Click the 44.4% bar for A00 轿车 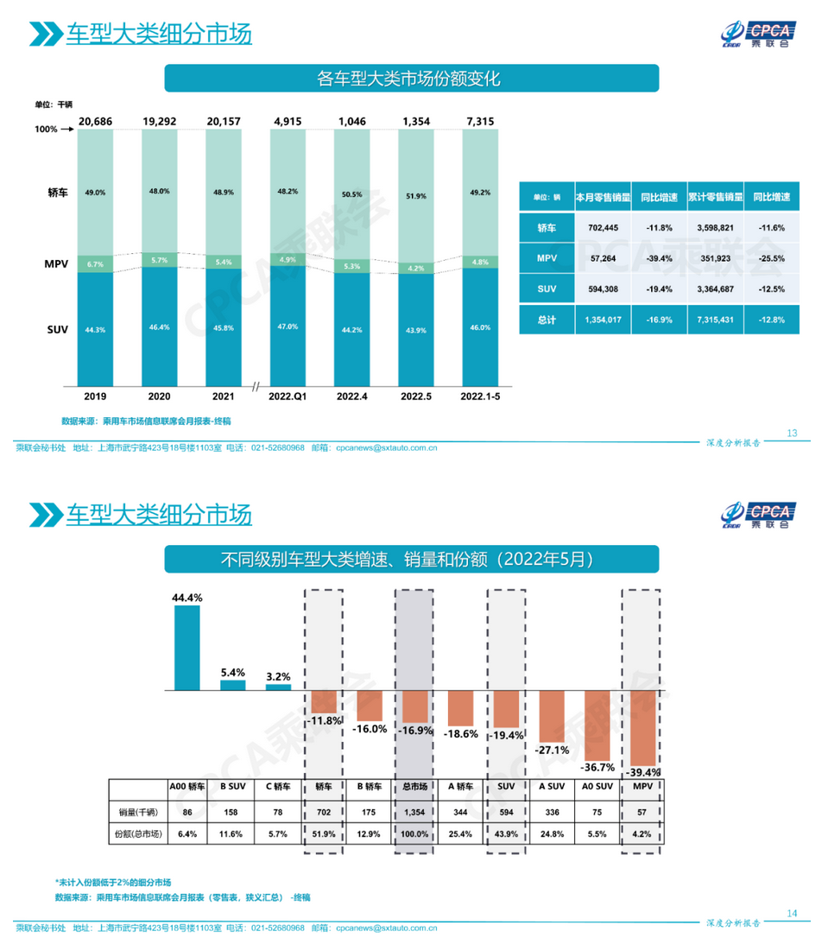pyautogui.click(x=187, y=648)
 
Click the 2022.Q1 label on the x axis pyautogui.click(x=287, y=396)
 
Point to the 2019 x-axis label pyautogui.click(x=95, y=396)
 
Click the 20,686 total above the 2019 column pyautogui.click(x=95, y=122)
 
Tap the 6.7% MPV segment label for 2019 pyautogui.click(x=95, y=263)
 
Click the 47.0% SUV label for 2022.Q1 pyautogui.click(x=287, y=326)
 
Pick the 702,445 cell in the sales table pyautogui.click(x=604, y=227)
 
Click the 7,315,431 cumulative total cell pyautogui.click(x=714, y=320)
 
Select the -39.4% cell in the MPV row pyautogui.click(x=659, y=258)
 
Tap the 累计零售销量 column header pyautogui.click(x=714, y=197)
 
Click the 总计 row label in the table pyautogui.click(x=546, y=320)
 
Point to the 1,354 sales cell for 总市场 pyautogui.click(x=414, y=812)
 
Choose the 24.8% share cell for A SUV pyautogui.click(x=553, y=834)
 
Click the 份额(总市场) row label pyautogui.click(x=136, y=834)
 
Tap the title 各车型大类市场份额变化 pyautogui.click(x=411, y=79)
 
